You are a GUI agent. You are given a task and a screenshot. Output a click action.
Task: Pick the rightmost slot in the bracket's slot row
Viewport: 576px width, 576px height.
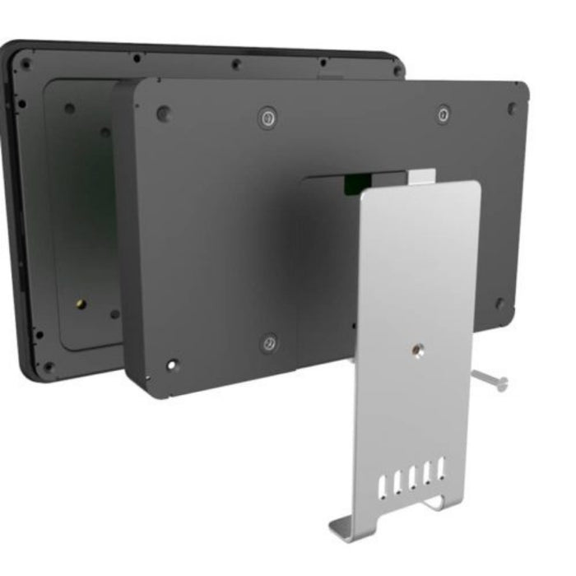(x=441, y=469)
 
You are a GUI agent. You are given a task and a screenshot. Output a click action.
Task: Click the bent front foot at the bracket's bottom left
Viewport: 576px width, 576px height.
(x=346, y=527)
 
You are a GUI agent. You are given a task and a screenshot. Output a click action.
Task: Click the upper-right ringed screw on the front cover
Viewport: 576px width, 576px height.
(x=443, y=114)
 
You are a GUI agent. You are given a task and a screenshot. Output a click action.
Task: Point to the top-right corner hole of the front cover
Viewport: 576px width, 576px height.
(x=512, y=107)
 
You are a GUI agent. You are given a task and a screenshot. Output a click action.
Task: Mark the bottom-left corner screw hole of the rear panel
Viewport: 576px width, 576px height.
(x=48, y=366)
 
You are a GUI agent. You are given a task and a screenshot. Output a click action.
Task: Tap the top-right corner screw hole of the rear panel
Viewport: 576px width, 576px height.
(x=398, y=71)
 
